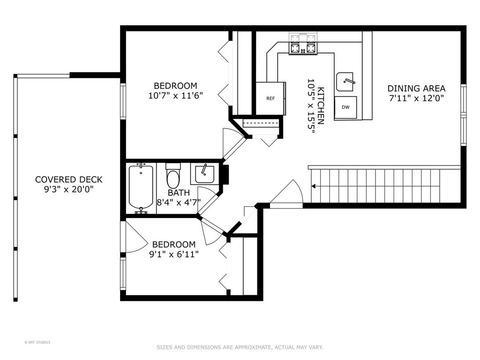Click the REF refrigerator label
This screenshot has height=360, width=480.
pos(270,98)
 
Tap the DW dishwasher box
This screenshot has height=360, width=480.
pos(345,107)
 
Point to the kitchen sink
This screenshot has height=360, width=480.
pos(345,82)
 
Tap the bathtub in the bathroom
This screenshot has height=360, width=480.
pos(141,187)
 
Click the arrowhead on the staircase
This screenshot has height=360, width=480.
pos(314,186)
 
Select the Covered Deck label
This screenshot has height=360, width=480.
pos(68,180)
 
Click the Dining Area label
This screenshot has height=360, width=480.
pos(416,89)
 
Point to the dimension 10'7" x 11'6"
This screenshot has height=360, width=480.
pos(176,96)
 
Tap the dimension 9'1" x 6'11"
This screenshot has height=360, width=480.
pos(174,255)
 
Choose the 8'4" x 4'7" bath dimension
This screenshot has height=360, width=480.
pos(179,202)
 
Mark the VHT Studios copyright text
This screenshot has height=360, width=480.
pos(37,342)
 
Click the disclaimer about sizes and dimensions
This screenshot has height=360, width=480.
pos(240,347)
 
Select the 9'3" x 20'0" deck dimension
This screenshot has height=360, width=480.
pos(68,189)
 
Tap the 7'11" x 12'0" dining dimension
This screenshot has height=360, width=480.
pos(416,98)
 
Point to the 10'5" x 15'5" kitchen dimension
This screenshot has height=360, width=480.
pos(311,106)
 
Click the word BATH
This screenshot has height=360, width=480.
pos(179,193)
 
